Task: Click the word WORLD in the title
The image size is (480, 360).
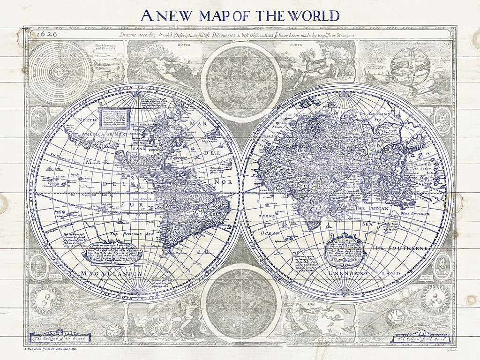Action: point(314,15)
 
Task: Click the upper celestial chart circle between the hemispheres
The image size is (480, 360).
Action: point(241,82)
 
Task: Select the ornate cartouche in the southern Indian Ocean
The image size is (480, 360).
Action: point(346,248)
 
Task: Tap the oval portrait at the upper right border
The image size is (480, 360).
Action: point(441,120)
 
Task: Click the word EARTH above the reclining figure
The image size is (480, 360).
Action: point(310,45)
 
